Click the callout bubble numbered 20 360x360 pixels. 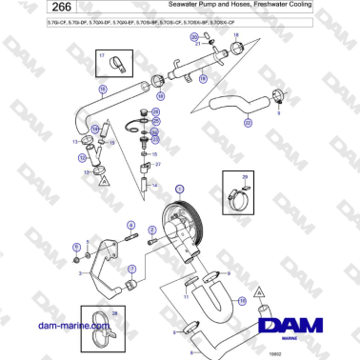(194, 37)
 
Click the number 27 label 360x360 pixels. (158, 165)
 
